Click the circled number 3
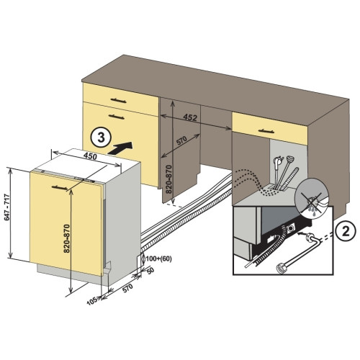click(101, 138)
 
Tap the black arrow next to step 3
click(120, 148)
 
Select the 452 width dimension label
click(190, 117)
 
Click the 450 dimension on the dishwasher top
click(90, 156)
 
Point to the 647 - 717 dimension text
click(7, 207)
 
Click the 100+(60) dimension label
click(158, 259)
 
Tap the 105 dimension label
click(91, 301)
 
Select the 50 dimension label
click(150, 271)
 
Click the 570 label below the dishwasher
click(127, 288)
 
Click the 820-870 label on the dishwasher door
click(67, 238)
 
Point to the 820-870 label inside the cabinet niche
click(169, 179)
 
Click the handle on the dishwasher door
click(60, 188)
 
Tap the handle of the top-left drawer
click(118, 100)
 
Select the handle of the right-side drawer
click(266, 131)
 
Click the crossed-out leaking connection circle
click(311, 196)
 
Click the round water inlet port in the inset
click(289, 228)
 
